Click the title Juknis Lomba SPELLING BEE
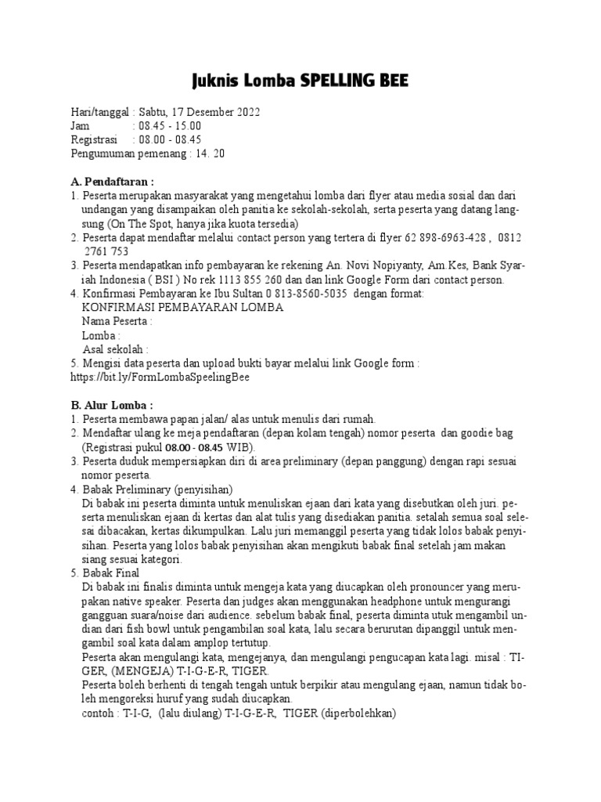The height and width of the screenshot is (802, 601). [300, 81]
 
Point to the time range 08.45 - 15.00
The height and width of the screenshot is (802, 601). [169, 125]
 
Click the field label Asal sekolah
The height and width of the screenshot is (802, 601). [115, 349]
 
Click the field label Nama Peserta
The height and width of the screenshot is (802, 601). [117, 321]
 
